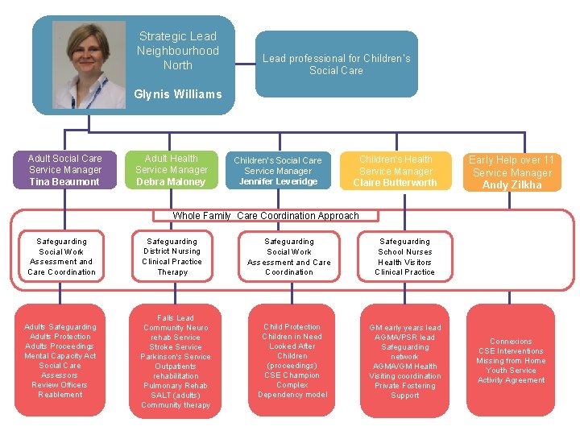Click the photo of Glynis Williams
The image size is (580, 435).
89,64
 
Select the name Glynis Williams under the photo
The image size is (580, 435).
177,94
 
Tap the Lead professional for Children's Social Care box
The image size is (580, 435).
336,64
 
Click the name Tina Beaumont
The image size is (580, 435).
64,182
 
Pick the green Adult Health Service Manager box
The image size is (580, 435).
172,169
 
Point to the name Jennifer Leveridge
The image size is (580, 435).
278,182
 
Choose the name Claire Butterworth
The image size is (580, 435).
396,183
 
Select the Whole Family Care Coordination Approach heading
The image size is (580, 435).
266,216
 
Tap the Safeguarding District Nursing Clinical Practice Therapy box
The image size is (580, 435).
172,256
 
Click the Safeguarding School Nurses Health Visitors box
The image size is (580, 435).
404,256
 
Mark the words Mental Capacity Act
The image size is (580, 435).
60,356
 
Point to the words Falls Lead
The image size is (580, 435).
176,318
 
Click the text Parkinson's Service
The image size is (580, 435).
176,357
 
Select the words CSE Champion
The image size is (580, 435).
292,375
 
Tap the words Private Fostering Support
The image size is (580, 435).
404,391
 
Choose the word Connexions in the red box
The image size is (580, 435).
511,342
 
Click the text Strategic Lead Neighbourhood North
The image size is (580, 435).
177,50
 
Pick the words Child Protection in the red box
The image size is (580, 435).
292,327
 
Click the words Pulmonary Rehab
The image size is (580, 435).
176,386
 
